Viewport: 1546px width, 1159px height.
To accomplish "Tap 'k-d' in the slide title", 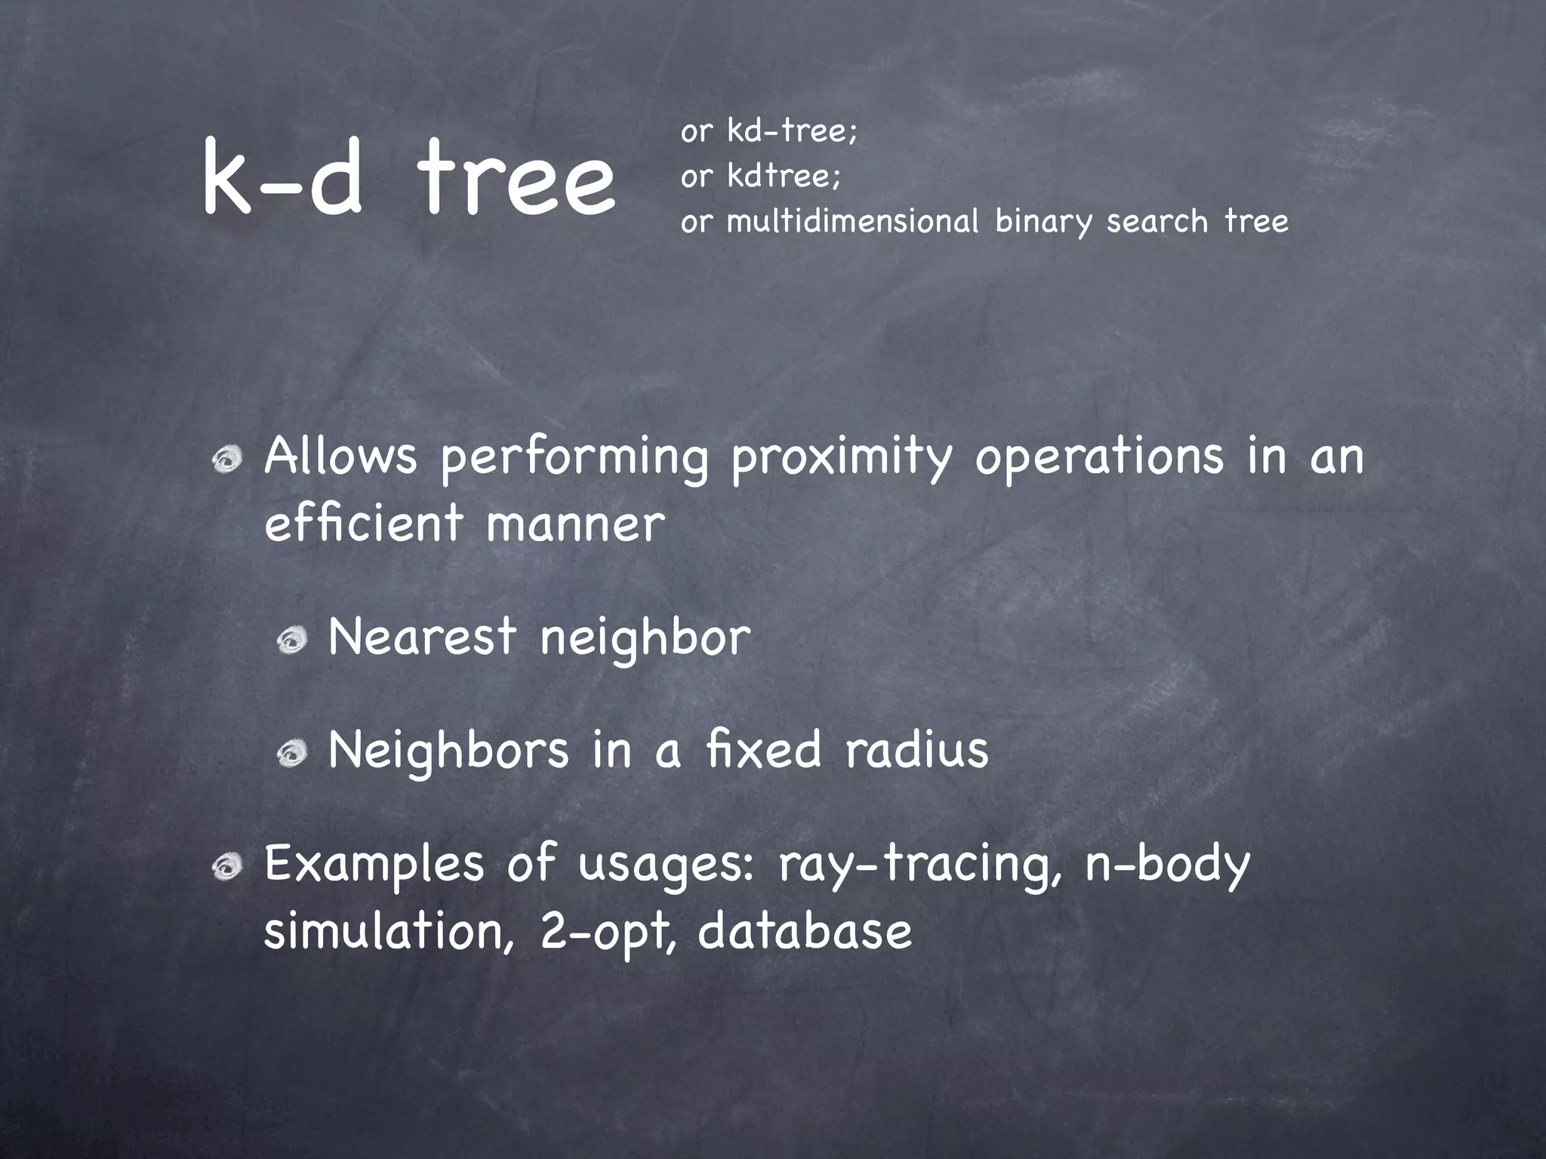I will (281, 180).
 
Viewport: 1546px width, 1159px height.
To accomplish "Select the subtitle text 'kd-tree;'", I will (792, 131).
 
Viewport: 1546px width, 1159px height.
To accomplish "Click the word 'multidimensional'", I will (852, 222).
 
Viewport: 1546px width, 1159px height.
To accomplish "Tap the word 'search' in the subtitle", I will (1157, 222).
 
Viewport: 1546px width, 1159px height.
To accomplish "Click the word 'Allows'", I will (340, 457).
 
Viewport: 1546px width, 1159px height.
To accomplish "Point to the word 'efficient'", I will (363, 523).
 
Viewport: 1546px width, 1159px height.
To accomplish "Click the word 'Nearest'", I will (422, 636).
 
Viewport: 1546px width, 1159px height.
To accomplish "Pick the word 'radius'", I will (916, 749).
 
